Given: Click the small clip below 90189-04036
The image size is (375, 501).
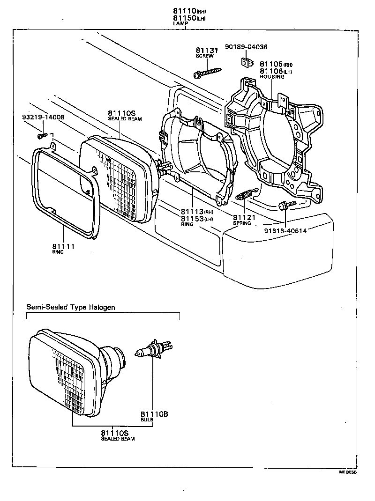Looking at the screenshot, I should click(246, 61).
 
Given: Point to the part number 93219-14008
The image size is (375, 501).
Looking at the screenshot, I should click(43, 117).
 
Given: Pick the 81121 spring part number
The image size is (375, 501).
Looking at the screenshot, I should click(242, 218).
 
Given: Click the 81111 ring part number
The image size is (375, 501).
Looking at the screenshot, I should click(63, 246).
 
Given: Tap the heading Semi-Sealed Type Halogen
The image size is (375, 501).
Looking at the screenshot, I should click(70, 307).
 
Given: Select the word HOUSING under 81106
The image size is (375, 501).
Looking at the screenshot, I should click(272, 77).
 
